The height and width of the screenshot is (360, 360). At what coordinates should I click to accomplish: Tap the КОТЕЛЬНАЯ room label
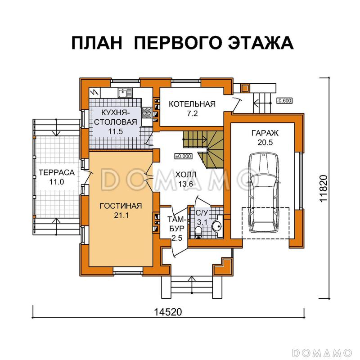click(x=192, y=104)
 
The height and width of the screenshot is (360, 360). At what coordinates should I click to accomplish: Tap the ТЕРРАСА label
click(x=50, y=173)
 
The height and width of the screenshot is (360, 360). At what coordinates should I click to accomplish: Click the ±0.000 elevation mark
click(x=183, y=156)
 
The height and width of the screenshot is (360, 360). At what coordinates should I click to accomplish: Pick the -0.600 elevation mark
click(x=284, y=100)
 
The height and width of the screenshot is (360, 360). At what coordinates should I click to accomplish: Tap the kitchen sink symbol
click(x=123, y=92)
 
